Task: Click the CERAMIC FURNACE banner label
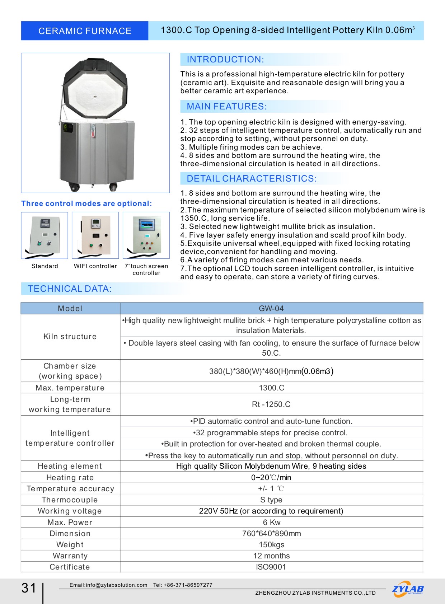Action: (85, 31)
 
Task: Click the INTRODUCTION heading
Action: (225, 60)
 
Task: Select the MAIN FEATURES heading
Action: (226, 107)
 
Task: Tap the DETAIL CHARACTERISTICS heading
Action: (252, 178)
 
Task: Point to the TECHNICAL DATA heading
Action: (70, 289)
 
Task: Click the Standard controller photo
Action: (44, 235)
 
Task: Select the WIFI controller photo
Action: (95, 235)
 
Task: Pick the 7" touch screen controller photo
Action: (146, 235)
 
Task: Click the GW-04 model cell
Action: (271, 309)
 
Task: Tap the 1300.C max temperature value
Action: (271, 388)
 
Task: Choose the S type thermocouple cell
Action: (271, 500)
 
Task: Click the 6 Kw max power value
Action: (271, 522)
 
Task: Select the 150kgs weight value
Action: (271, 544)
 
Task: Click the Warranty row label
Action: (70, 556)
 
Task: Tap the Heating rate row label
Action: (70, 477)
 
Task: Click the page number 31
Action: (29, 588)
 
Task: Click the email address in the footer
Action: (108, 585)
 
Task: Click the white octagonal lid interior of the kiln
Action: (95, 94)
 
